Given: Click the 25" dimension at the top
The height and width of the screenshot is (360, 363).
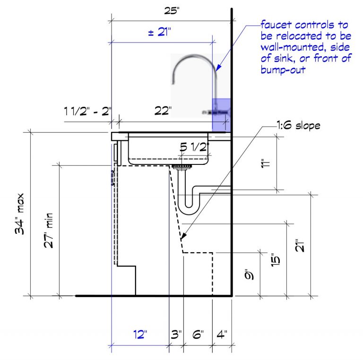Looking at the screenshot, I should pyautogui.click(x=172, y=11).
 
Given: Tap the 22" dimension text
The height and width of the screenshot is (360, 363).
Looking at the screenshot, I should pyautogui.click(x=163, y=111).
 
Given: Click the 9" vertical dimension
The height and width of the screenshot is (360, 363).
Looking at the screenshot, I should pyautogui.click(x=251, y=274).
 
